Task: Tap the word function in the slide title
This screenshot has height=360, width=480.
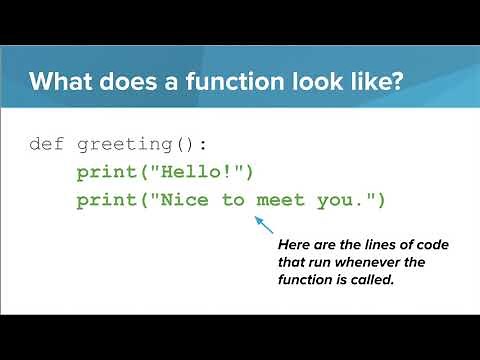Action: click(221, 82)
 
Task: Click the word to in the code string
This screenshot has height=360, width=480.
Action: click(233, 200)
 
